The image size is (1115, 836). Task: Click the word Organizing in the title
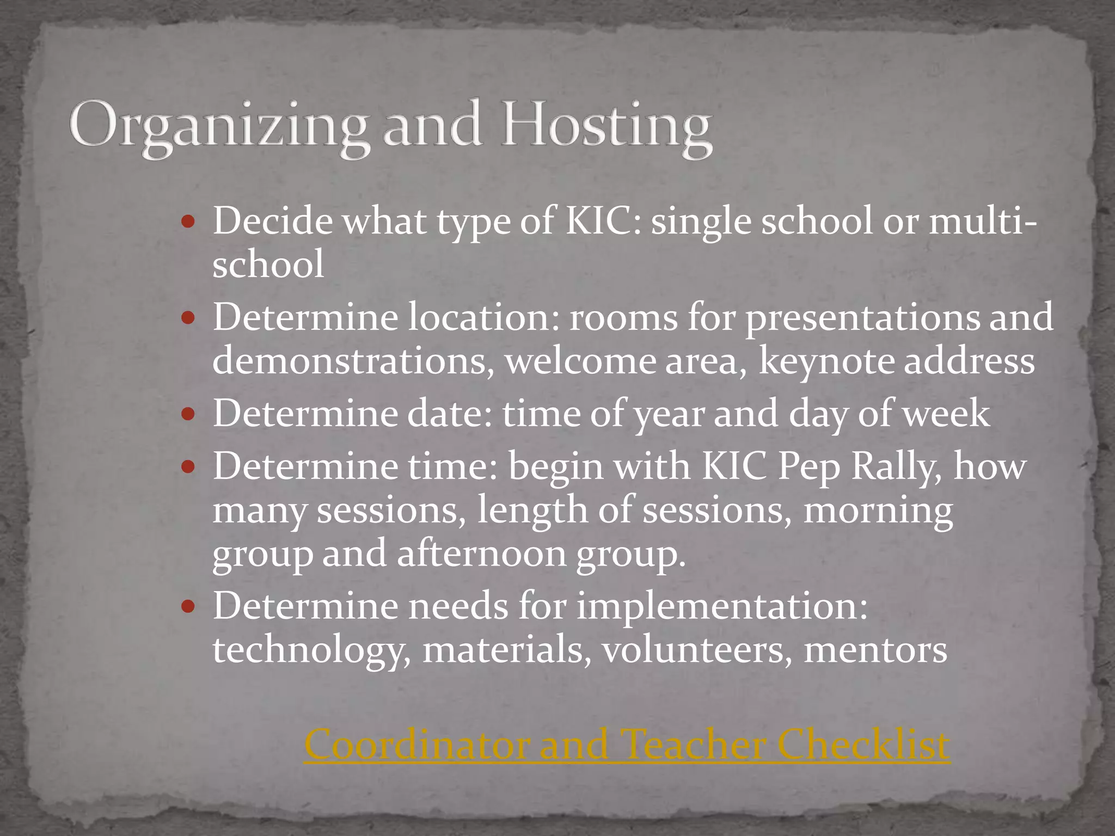pyautogui.click(x=218, y=126)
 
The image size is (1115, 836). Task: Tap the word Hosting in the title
pyautogui.click(x=606, y=126)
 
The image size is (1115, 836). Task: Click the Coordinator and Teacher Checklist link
pyautogui.click(x=627, y=744)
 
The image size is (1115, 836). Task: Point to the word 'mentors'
pyautogui.click(x=875, y=650)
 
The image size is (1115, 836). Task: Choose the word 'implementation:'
pyautogui.click(x=722, y=606)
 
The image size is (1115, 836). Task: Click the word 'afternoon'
pyautogui.click(x=481, y=554)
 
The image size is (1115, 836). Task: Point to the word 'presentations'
pyautogui.click(x=862, y=318)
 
